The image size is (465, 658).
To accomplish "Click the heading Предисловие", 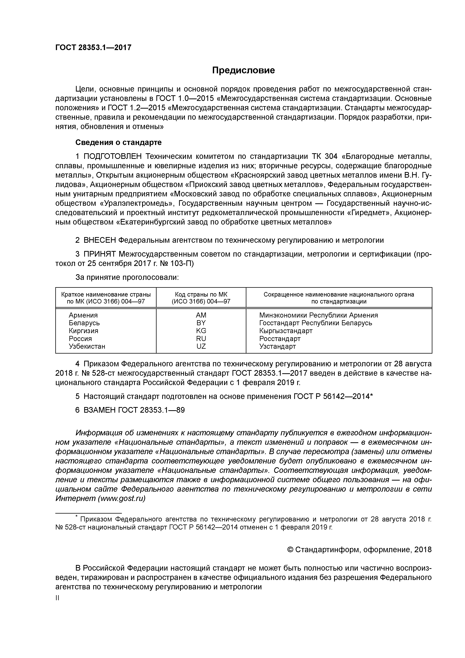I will [244, 70].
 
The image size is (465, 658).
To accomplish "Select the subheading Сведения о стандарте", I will [118, 142].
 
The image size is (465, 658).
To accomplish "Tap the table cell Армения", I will [83, 315].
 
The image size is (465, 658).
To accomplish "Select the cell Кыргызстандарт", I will [286, 331].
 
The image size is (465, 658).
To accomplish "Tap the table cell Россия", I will [80, 338].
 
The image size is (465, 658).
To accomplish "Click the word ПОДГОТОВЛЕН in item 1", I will [113, 156].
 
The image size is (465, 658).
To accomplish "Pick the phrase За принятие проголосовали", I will [127, 277].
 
